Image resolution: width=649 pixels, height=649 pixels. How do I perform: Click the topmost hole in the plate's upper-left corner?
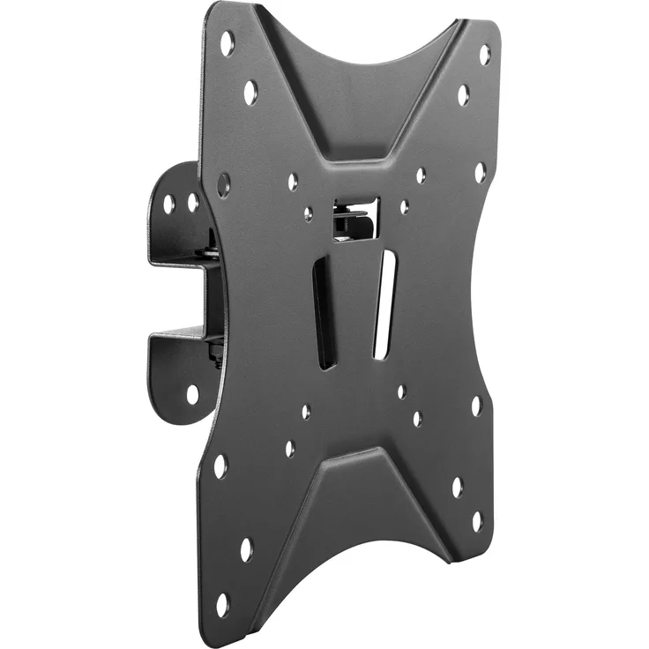tap(228, 41)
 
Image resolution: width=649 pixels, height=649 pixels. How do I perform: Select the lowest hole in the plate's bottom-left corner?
tap(221, 605)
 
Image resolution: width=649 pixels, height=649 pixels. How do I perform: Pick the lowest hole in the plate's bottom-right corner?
tap(477, 521)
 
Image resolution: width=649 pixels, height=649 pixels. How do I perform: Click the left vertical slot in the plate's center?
tap(325, 311)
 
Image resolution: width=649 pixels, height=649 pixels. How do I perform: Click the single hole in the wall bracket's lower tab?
tap(192, 393)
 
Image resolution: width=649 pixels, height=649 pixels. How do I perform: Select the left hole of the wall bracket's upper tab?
tap(169, 204)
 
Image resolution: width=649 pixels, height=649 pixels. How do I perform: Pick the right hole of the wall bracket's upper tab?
tap(192, 202)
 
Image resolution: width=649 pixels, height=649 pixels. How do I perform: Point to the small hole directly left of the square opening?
tap(308, 213)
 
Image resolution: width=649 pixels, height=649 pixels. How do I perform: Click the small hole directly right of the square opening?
tap(404, 207)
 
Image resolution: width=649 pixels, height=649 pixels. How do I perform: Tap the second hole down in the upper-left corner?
tap(250, 92)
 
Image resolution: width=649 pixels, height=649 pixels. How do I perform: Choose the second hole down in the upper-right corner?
tap(464, 95)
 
